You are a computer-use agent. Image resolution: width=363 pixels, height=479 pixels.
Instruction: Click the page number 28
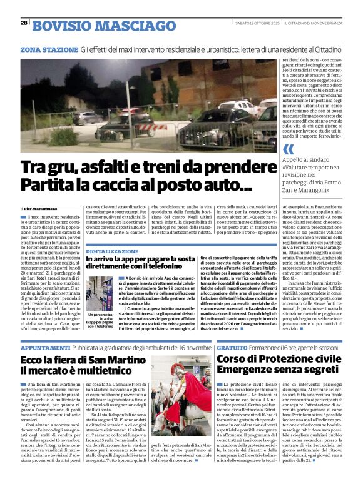(x=24, y=23)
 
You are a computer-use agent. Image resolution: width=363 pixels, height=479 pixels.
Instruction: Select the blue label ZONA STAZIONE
(x=40, y=48)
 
